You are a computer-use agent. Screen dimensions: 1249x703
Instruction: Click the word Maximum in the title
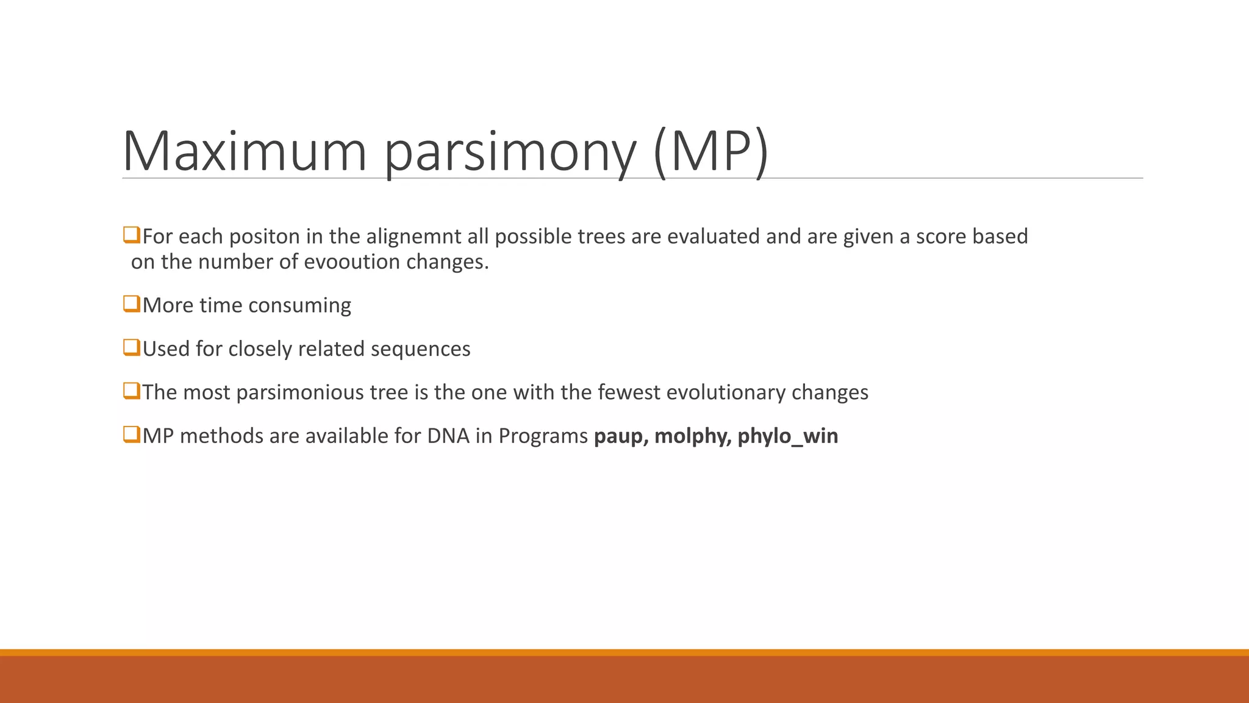245,151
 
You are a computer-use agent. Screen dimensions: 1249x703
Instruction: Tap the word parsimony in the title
510,156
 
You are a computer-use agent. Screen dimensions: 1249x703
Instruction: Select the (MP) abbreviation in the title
711,153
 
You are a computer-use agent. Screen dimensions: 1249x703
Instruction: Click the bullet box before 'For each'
132,235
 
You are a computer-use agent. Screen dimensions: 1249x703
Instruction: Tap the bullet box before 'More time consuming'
132,304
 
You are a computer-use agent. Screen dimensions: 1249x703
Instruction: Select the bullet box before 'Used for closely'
132,347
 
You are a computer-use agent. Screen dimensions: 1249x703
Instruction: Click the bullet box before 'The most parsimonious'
132,391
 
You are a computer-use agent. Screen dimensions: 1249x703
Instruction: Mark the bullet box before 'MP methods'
132,434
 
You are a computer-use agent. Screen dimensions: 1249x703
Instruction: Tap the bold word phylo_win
788,437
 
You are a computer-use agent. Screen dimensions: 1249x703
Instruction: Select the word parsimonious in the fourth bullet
322,393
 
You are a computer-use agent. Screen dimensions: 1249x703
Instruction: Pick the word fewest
629,392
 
